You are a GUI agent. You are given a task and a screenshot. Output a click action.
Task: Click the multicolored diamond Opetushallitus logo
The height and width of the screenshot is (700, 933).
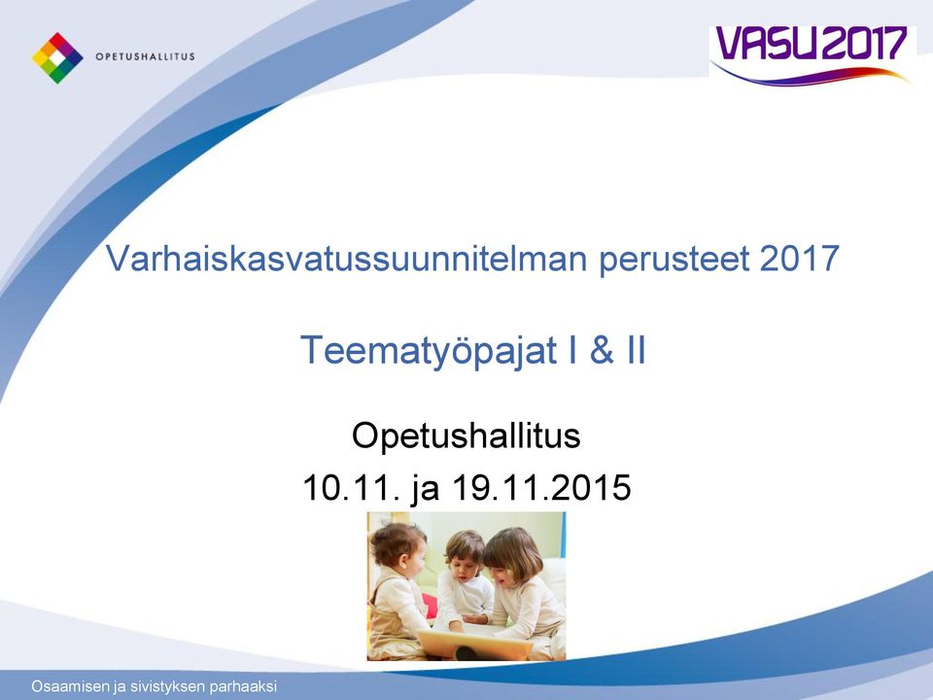coord(57,57)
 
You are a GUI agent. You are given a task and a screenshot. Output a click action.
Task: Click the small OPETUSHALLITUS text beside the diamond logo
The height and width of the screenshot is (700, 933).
coord(145,57)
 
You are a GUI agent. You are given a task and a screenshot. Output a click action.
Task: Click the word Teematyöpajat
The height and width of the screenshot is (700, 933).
coord(429,350)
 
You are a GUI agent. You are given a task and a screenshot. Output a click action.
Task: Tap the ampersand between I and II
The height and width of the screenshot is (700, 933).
coord(602,349)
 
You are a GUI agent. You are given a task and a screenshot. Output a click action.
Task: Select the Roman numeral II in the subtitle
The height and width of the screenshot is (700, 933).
coord(636,349)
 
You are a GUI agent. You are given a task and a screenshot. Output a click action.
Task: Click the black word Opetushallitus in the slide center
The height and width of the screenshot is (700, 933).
coord(466,436)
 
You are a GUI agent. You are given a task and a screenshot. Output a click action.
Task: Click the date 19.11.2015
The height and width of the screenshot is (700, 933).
coord(541,488)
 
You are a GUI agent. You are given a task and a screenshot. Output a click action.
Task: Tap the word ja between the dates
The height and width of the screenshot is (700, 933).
coord(426,489)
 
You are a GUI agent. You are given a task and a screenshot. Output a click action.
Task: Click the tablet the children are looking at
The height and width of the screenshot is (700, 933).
coord(475,644)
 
